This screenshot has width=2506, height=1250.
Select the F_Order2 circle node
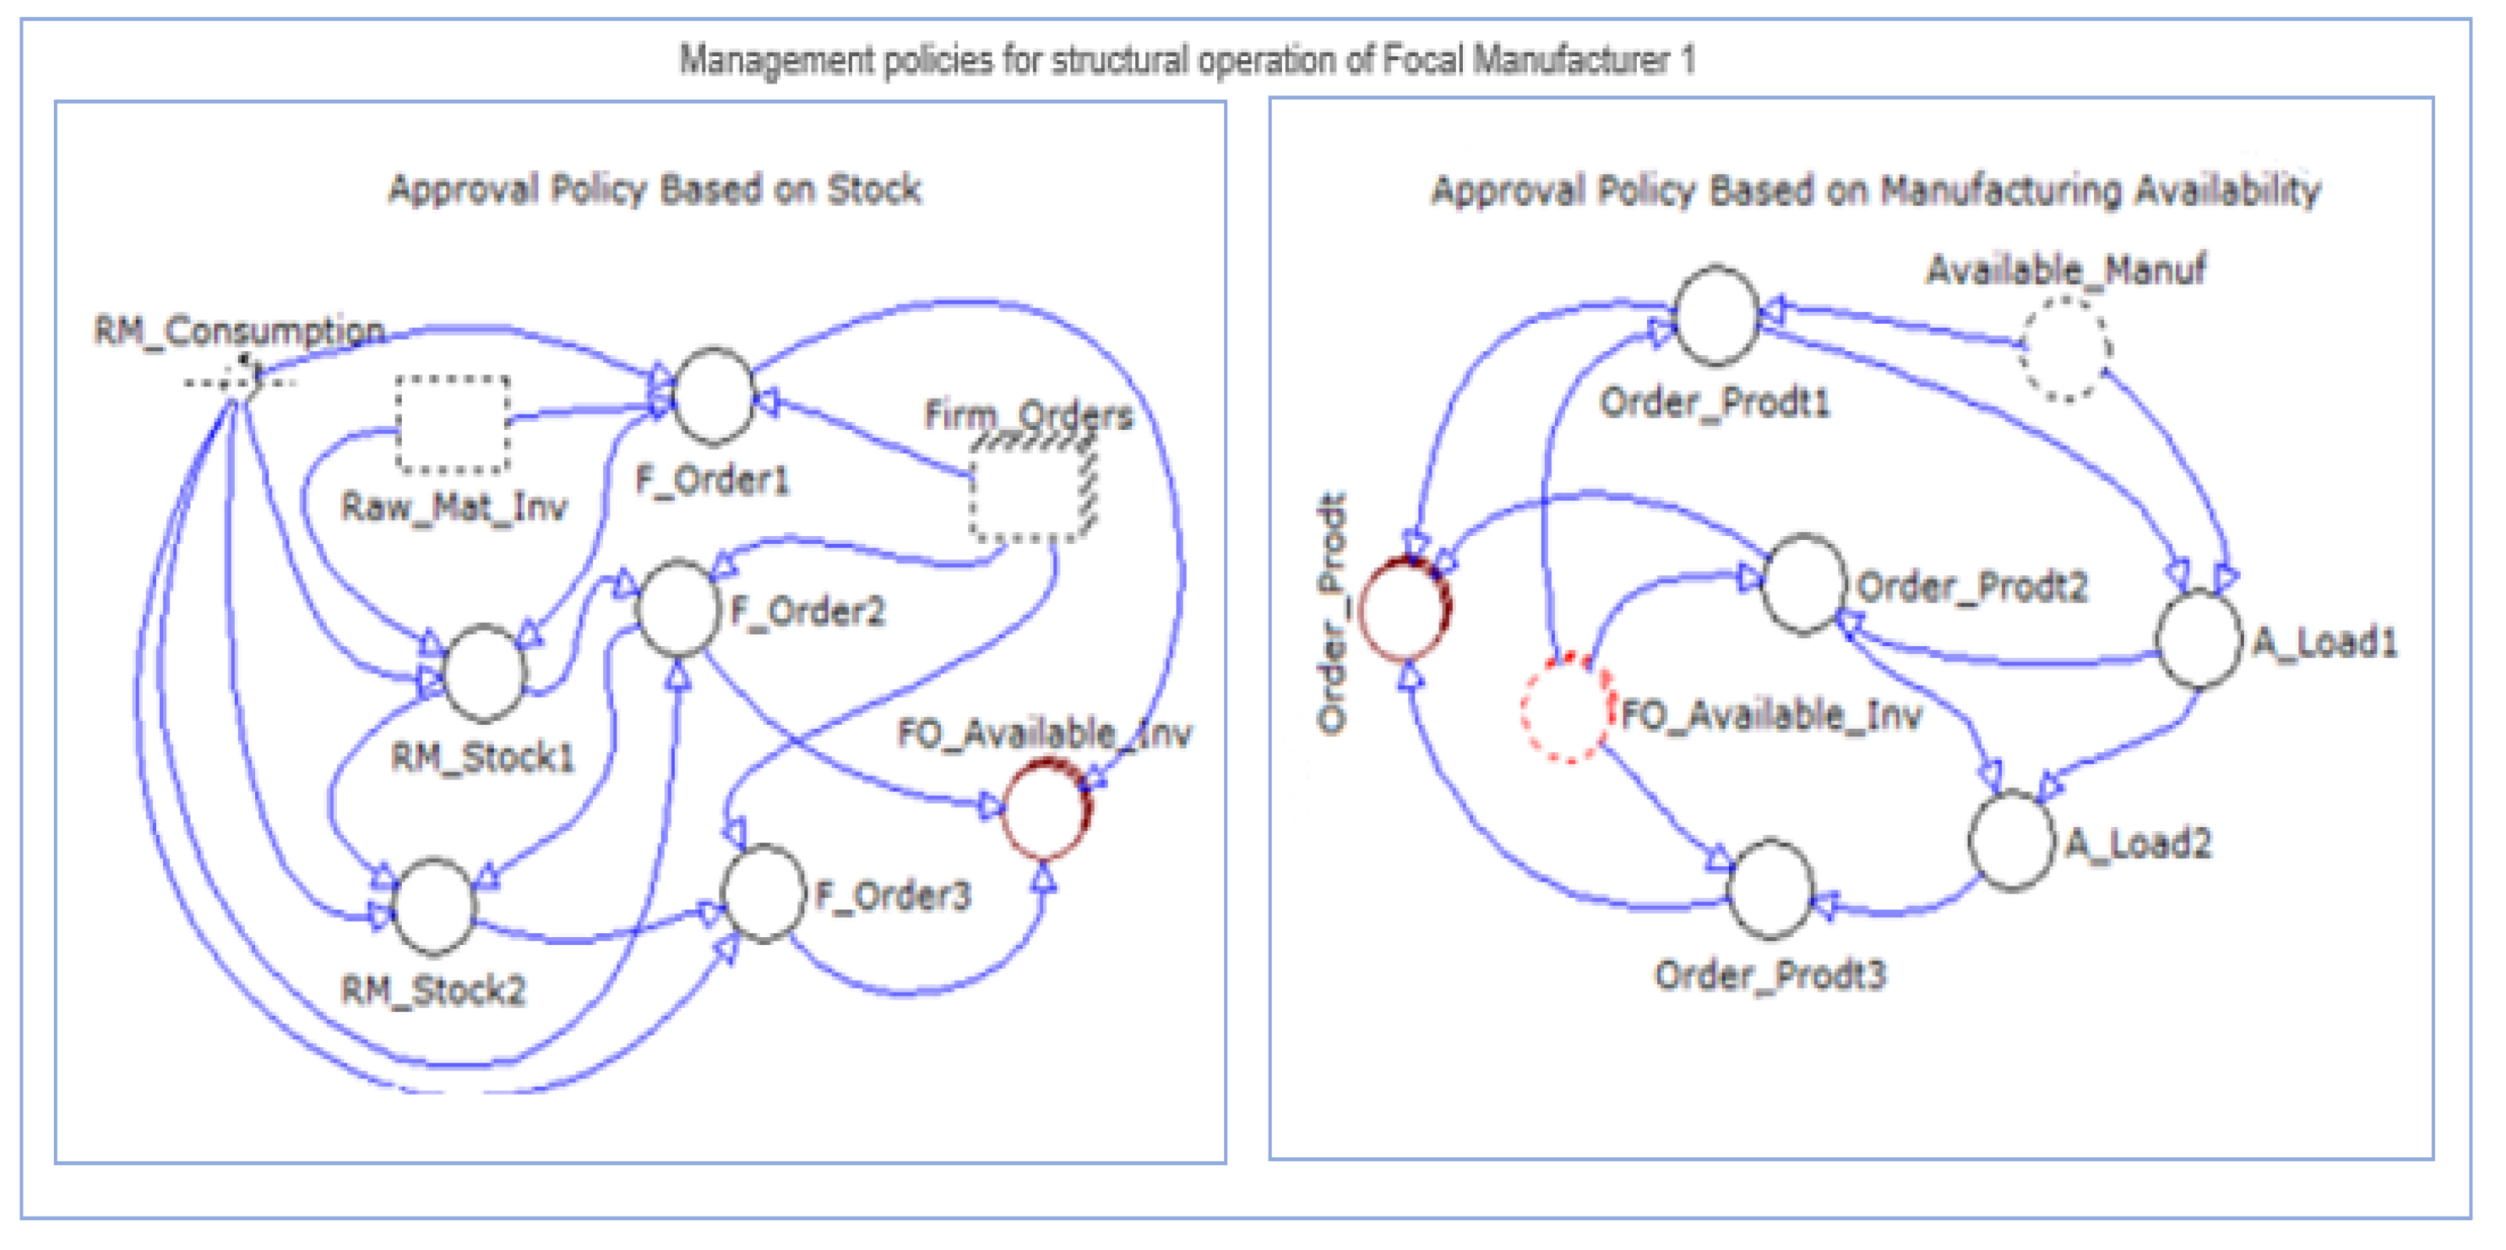678,608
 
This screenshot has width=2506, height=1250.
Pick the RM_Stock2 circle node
434,907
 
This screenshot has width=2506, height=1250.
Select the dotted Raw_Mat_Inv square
453,425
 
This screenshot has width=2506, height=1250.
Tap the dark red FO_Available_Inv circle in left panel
1045,810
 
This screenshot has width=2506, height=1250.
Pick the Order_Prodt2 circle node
1805,584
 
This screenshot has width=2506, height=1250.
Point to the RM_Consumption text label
240,332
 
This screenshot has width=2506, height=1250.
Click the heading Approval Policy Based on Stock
655,189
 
